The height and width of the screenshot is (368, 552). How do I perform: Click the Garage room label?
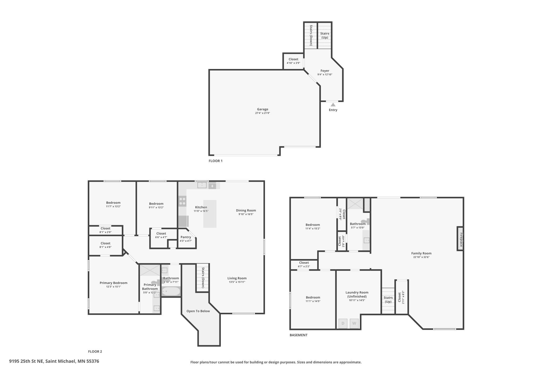262,109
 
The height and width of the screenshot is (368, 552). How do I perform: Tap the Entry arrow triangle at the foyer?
333,105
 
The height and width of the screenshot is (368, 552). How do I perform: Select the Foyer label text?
325,71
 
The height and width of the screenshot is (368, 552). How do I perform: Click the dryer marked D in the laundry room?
343,323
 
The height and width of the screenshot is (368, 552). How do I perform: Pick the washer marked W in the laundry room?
354,323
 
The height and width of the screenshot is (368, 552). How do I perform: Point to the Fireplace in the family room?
460,238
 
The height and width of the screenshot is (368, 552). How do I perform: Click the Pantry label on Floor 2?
186,237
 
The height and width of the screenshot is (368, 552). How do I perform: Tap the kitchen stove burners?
182,201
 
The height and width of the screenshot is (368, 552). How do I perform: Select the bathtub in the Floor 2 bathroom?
171,291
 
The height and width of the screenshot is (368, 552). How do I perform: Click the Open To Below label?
198,311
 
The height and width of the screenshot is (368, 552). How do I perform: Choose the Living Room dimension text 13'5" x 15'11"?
237,282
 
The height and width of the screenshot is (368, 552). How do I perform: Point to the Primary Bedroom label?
114,283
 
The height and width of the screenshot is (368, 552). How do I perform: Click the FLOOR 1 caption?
215,161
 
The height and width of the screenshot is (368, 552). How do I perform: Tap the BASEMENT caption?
299,335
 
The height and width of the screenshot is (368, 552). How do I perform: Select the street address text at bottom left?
54,361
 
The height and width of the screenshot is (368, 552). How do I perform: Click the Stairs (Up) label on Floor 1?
325,35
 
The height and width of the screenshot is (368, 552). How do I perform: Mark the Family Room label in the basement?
421,253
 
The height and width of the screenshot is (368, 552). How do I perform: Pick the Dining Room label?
246,210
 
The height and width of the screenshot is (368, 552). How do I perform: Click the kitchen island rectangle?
210,214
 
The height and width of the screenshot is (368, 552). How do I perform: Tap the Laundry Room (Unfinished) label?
357,294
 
